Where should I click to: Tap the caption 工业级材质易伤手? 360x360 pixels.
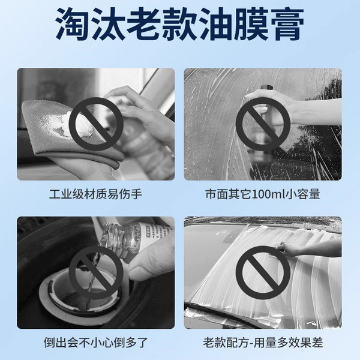click(96, 195)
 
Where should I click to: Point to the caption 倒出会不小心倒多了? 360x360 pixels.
click(96, 343)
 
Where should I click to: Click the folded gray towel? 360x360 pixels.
click(54, 135)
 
